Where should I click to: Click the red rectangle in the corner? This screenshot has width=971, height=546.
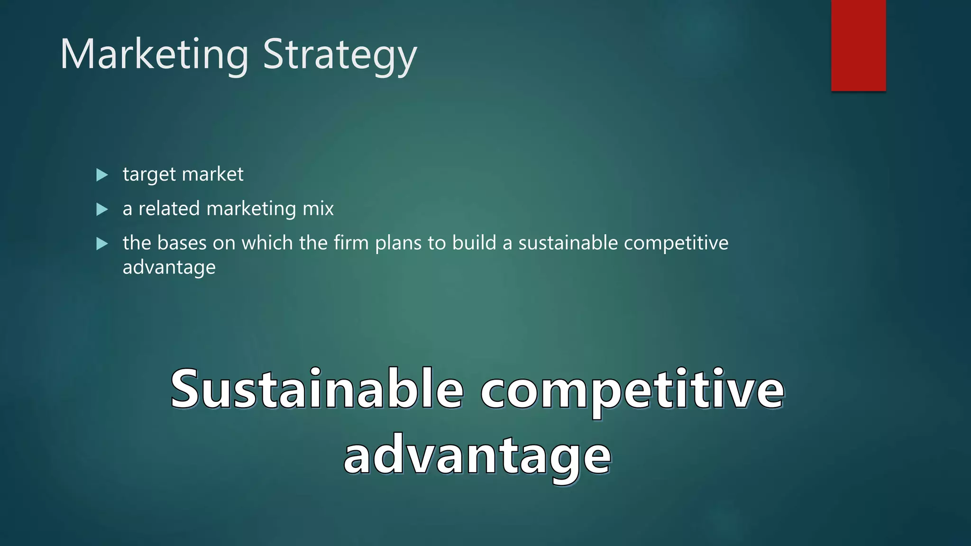pyautogui.click(x=858, y=45)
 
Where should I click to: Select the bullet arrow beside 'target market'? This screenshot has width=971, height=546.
pyautogui.click(x=101, y=175)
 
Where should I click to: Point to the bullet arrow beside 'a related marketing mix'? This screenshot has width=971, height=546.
pyautogui.click(x=101, y=209)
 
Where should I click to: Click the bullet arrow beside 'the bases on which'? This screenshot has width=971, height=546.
pyautogui.click(x=101, y=244)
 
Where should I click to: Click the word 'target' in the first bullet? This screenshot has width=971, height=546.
pyautogui.click(x=149, y=175)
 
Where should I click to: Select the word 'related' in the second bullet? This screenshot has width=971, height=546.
pyautogui.click(x=169, y=209)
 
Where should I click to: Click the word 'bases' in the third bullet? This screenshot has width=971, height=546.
pyautogui.click(x=182, y=243)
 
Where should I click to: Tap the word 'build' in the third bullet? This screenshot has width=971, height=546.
pyautogui.click(x=474, y=243)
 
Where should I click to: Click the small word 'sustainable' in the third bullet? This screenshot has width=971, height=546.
pyautogui.click(x=568, y=243)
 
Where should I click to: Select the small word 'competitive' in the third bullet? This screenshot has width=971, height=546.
pyautogui.click(x=676, y=243)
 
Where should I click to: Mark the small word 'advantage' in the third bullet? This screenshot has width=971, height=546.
pyautogui.click(x=169, y=268)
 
